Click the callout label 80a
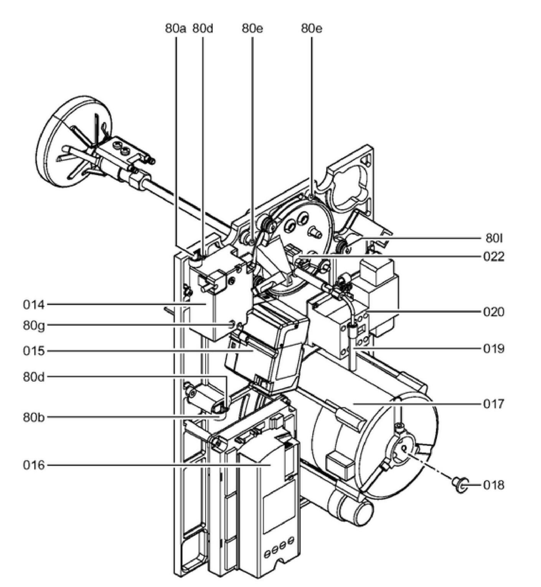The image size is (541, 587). pyautogui.click(x=176, y=28)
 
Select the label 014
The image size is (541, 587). pyautogui.click(x=34, y=305)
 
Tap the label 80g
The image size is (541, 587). pyautogui.click(x=34, y=326)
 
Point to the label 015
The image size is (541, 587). pyautogui.click(x=34, y=351)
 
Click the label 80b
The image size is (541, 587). pyautogui.click(x=34, y=417)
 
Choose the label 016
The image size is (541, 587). pyautogui.click(x=34, y=465)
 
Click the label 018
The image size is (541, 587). pyautogui.click(x=494, y=485)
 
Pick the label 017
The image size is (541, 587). pyautogui.click(x=494, y=404)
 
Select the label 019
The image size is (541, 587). pyautogui.click(x=494, y=349)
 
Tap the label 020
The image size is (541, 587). pyautogui.click(x=494, y=312)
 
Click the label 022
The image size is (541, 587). pyautogui.click(x=494, y=256)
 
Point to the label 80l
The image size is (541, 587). pyautogui.click(x=494, y=239)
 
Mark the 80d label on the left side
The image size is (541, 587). pyautogui.click(x=34, y=377)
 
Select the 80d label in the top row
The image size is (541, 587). pyautogui.click(x=203, y=28)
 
